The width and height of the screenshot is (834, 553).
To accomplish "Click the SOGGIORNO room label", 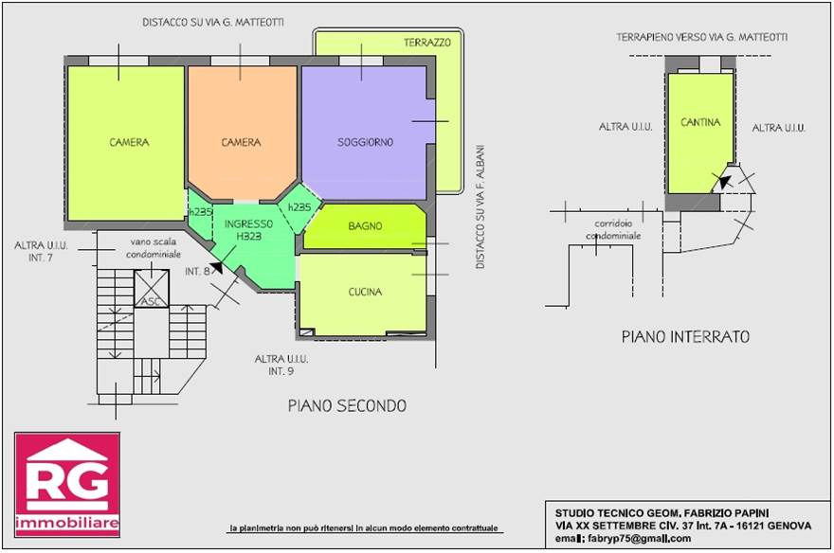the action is [366, 142].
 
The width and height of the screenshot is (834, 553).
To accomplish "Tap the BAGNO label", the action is [365, 225].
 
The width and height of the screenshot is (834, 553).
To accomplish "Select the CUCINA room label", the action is [365, 292].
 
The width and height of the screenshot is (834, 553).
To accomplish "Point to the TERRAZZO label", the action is [427, 43].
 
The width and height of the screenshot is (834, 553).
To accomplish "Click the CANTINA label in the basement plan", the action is [700, 122].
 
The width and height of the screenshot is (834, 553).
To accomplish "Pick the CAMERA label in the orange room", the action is [241, 142].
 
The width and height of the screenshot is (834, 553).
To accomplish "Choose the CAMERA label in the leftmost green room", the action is [129, 142].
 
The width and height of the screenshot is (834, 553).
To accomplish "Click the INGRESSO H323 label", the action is [248, 229].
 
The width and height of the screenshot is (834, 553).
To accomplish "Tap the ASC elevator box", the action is [152, 289].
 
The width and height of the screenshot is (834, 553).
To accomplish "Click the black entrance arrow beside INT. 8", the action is [217, 267].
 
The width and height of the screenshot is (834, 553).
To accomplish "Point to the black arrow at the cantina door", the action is [724, 181].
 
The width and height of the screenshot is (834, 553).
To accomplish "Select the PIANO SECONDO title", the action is [347, 406].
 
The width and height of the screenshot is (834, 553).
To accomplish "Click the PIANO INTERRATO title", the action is [685, 336].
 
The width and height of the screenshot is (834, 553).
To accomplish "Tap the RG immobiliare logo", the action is [67, 485].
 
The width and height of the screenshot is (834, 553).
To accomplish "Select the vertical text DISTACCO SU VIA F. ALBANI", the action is [480, 206].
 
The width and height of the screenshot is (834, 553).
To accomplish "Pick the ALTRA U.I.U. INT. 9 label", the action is [281, 365].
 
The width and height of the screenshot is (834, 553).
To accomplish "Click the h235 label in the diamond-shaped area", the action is [299, 207].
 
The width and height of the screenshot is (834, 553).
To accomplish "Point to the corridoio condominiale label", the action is [613, 229].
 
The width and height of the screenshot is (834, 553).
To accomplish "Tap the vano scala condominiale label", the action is [154, 248].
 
